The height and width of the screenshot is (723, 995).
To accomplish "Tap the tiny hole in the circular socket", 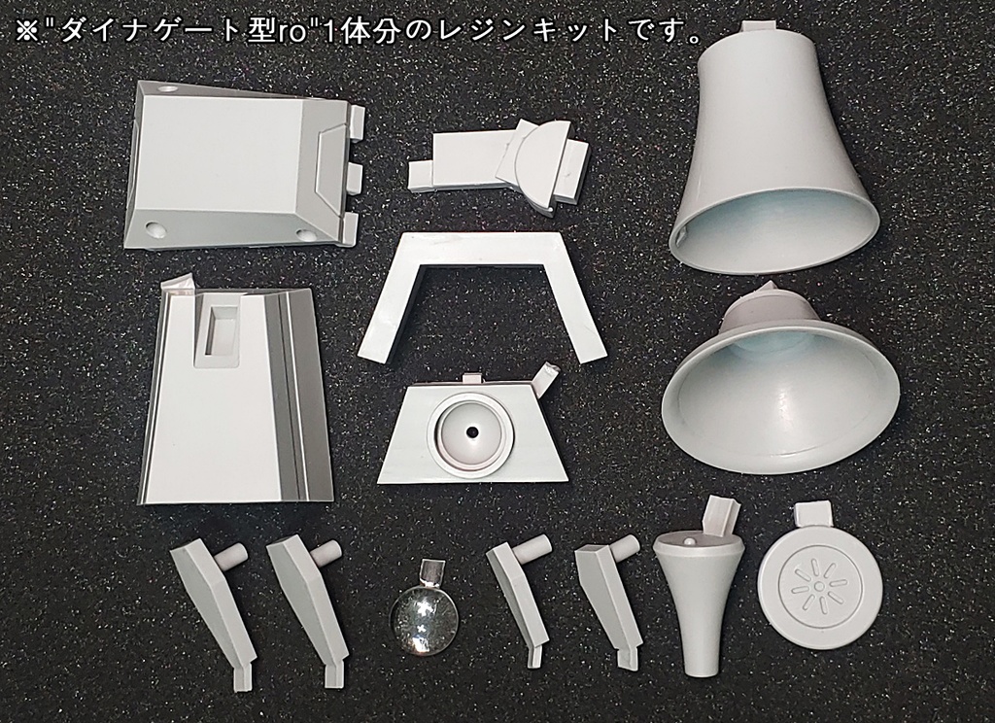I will (471, 430).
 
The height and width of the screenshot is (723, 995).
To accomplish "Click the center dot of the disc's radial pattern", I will (819, 587).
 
